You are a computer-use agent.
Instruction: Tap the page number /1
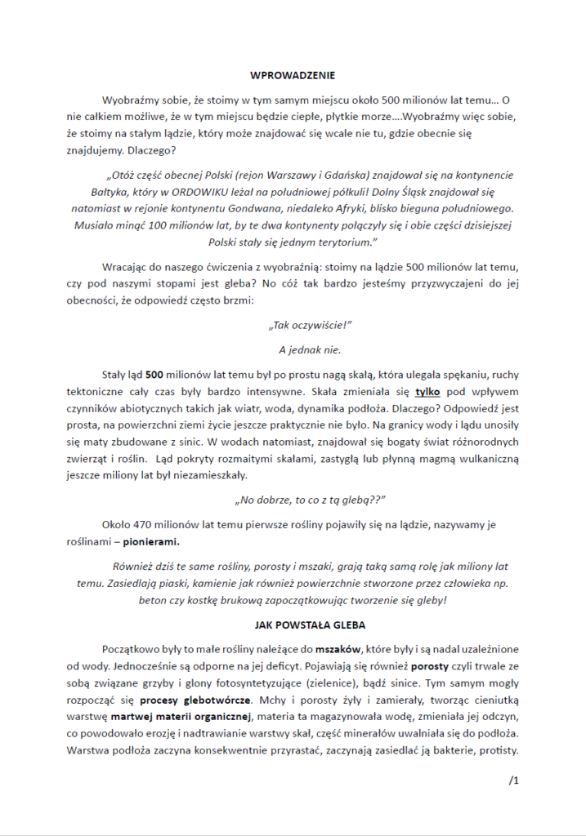click(514, 780)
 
